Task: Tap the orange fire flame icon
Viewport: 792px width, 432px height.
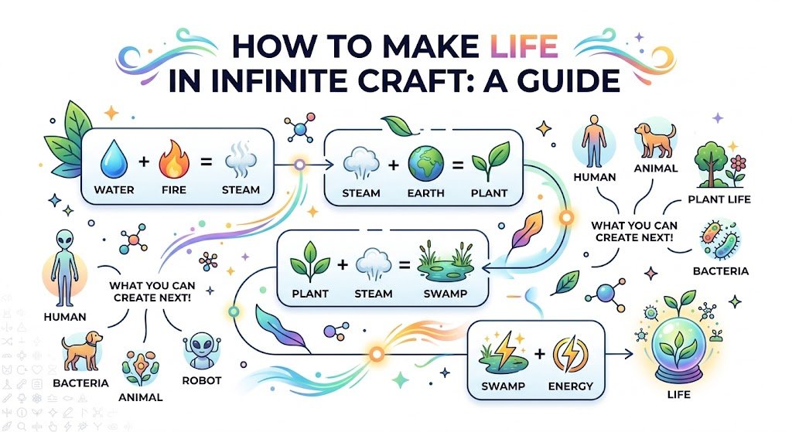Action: coord(174,159)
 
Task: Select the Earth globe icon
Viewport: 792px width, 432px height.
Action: coord(426,164)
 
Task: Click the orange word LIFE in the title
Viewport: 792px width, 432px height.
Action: coord(524,46)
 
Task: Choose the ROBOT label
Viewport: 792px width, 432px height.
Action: coord(202,380)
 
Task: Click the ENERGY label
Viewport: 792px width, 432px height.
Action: coord(570,386)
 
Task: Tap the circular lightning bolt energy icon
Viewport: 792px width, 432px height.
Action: coord(570,354)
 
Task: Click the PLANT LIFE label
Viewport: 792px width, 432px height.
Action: coord(719,199)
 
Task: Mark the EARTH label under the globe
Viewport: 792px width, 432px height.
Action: coord(426,192)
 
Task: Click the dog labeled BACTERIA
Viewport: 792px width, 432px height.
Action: coord(81,350)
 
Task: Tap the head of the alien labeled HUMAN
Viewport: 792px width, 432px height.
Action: coord(65,239)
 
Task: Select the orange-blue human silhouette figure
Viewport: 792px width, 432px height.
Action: coord(593,141)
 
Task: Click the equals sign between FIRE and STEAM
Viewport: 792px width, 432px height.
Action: coord(206,162)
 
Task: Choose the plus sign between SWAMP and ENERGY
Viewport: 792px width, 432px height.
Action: coord(539,354)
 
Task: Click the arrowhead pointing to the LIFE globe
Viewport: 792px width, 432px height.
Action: coord(628,354)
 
